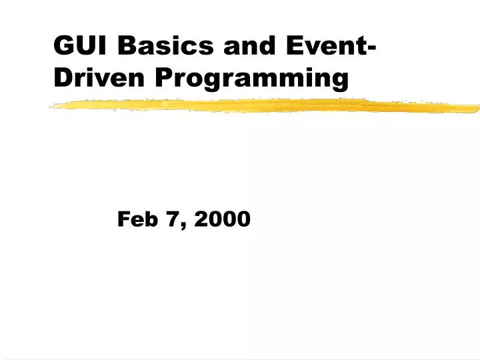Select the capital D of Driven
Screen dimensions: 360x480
click(62, 79)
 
